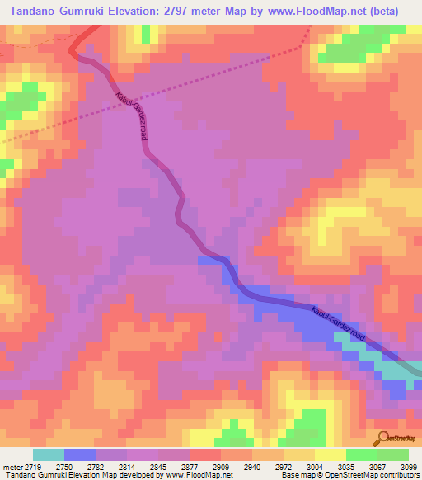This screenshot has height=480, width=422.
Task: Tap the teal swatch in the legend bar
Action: [48, 454]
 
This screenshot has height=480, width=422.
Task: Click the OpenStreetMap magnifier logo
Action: [382, 438]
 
